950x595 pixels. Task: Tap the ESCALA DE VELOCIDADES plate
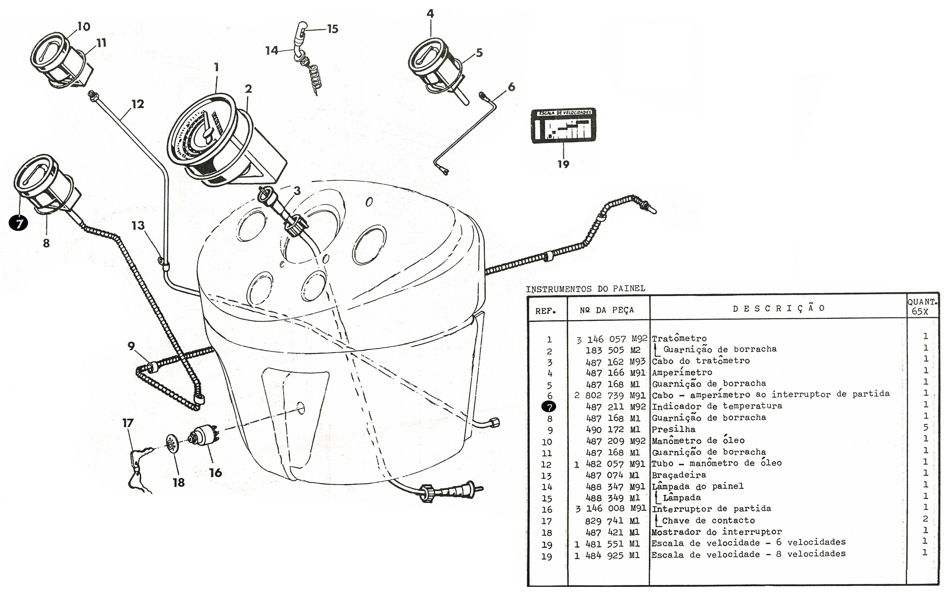(563, 126)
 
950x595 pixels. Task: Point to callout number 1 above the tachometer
(216, 67)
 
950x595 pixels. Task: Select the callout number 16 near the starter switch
(215, 473)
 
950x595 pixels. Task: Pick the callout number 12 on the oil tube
(137, 104)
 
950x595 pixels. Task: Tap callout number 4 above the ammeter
(430, 14)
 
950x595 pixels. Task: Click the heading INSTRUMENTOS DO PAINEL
(585, 288)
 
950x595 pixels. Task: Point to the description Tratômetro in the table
(679, 338)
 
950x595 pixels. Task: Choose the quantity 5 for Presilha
(925, 427)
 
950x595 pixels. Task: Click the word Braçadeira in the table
(679, 475)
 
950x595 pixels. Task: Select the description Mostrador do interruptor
(717, 532)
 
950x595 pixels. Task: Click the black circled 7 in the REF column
(549, 407)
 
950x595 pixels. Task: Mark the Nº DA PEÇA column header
(607, 310)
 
